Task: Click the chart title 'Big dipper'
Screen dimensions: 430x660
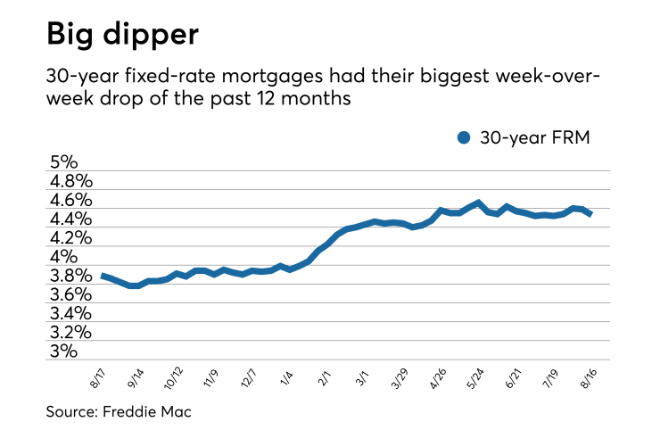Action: (123, 35)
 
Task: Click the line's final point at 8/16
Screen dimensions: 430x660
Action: (591, 214)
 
